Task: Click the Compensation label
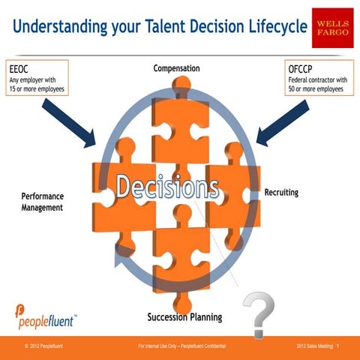[176, 68]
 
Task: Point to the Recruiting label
[281, 193]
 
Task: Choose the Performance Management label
[42, 201]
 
